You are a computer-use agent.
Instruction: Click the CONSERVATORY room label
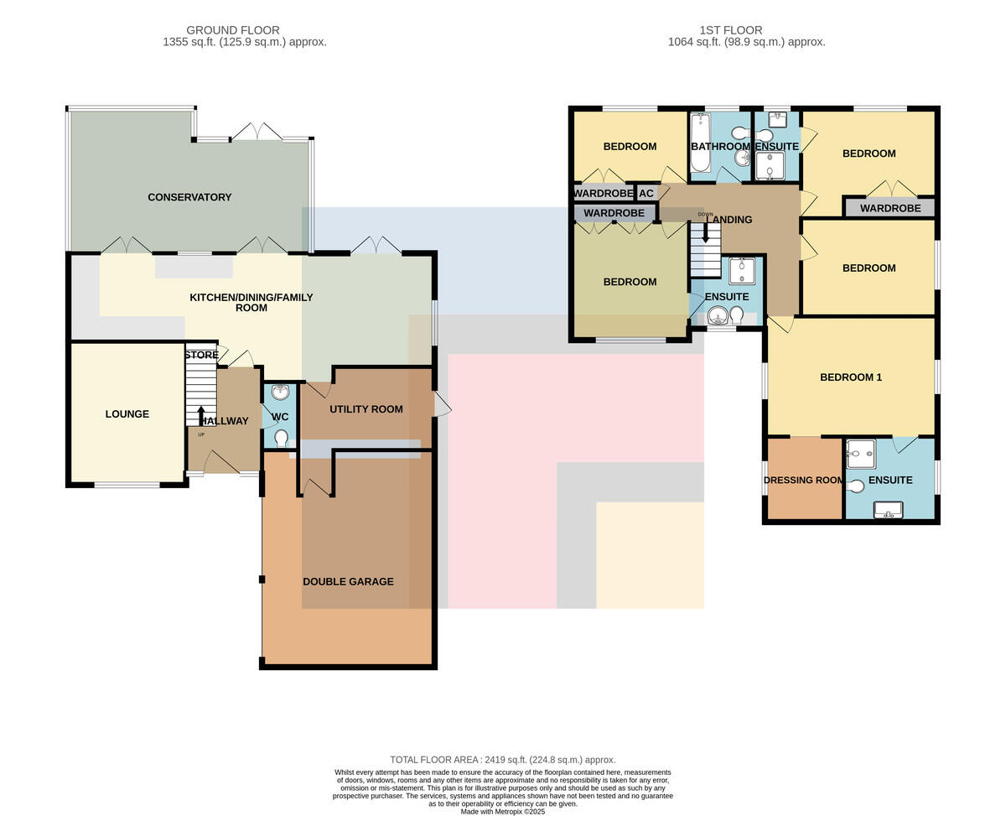(x=189, y=197)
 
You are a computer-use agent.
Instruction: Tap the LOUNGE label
(x=127, y=414)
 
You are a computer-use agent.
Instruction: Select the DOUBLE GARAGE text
(x=348, y=582)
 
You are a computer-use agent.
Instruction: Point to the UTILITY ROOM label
(x=366, y=409)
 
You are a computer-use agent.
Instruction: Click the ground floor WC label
(x=280, y=417)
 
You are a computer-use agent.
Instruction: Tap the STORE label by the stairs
(x=202, y=355)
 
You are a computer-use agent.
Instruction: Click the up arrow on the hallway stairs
(x=201, y=416)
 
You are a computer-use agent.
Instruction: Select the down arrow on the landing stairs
(x=705, y=232)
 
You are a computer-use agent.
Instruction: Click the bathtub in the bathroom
(x=698, y=143)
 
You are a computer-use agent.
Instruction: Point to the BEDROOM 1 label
(x=851, y=377)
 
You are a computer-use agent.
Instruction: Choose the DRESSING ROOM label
(x=804, y=480)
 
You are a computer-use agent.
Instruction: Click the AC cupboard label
(x=646, y=193)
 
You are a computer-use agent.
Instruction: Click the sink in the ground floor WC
(x=281, y=391)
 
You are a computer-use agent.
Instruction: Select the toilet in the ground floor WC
(x=281, y=438)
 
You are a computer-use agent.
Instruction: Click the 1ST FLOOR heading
(x=731, y=30)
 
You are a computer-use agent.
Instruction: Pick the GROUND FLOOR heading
(x=233, y=30)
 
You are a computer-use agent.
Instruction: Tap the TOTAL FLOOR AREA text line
(x=502, y=760)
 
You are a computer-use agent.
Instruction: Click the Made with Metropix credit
(x=502, y=812)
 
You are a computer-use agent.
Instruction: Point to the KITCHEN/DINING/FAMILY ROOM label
(x=251, y=303)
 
